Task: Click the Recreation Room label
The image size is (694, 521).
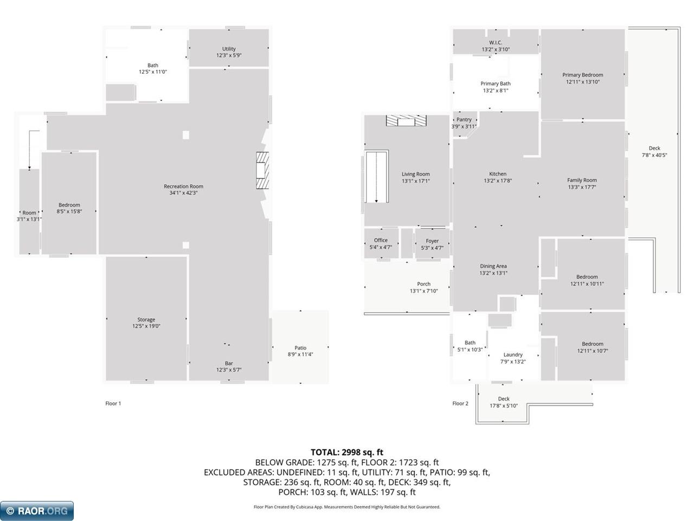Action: [183, 186]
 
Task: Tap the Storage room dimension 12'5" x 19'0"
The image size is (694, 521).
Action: [146, 326]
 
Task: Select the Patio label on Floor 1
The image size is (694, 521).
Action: [300, 348]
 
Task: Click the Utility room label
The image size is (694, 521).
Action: [229, 49]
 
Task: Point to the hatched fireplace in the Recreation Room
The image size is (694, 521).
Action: [262, 170]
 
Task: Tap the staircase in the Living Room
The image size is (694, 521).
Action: [376, 177]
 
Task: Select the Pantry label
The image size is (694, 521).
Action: [464, 119]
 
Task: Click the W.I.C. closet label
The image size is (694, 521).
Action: [496, 42]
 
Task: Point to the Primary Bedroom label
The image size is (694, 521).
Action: [582, 75]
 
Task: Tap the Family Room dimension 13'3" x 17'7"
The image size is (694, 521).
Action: [582, 187]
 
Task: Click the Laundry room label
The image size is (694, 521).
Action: [513, 354]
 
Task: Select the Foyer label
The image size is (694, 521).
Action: [432, 241]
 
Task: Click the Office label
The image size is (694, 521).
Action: [381, 240]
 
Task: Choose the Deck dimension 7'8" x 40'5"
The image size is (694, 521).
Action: [654, 155]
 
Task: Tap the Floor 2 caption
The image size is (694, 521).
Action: [460, 403]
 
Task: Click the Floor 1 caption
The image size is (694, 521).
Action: [113, 403]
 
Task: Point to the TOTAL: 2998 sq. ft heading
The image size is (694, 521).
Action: [347, 452]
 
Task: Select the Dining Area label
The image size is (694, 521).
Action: [493, 266]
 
